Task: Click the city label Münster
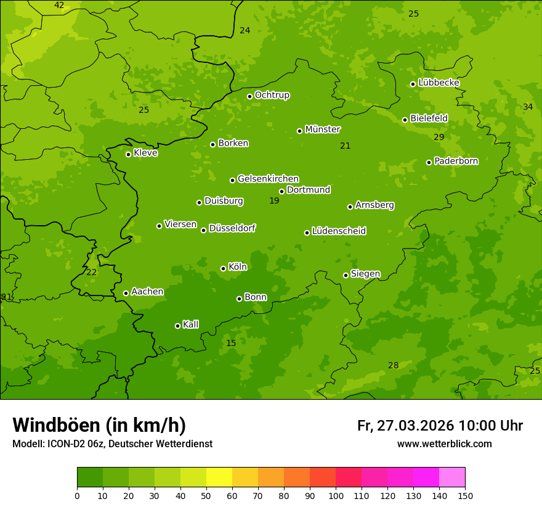tap(322, 130)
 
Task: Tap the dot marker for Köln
tap(223, 268)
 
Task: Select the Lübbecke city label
tap(439, 83)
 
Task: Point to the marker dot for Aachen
tap(126, 293)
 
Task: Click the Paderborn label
tap(456, 161)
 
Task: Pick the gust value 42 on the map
tap(59, 6)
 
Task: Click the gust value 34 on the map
tap(528, 107)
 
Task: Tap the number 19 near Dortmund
tap(274, 201)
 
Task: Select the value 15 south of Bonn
tap(231, 344)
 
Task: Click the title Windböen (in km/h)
tap(99, 425)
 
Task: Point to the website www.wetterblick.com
tap(444, 444)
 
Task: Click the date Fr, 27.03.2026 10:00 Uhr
tap(440, 426)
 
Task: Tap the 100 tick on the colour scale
tap(336, 495)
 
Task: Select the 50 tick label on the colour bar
tap(206, 495)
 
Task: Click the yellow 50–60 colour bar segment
tap(219, 477)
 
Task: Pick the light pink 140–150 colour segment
tap(452, 477)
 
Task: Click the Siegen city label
tap(365, 274)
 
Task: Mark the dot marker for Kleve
tap(128, 154)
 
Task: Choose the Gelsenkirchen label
tap(268, 179)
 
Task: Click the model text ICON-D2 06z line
tap(112, 444)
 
